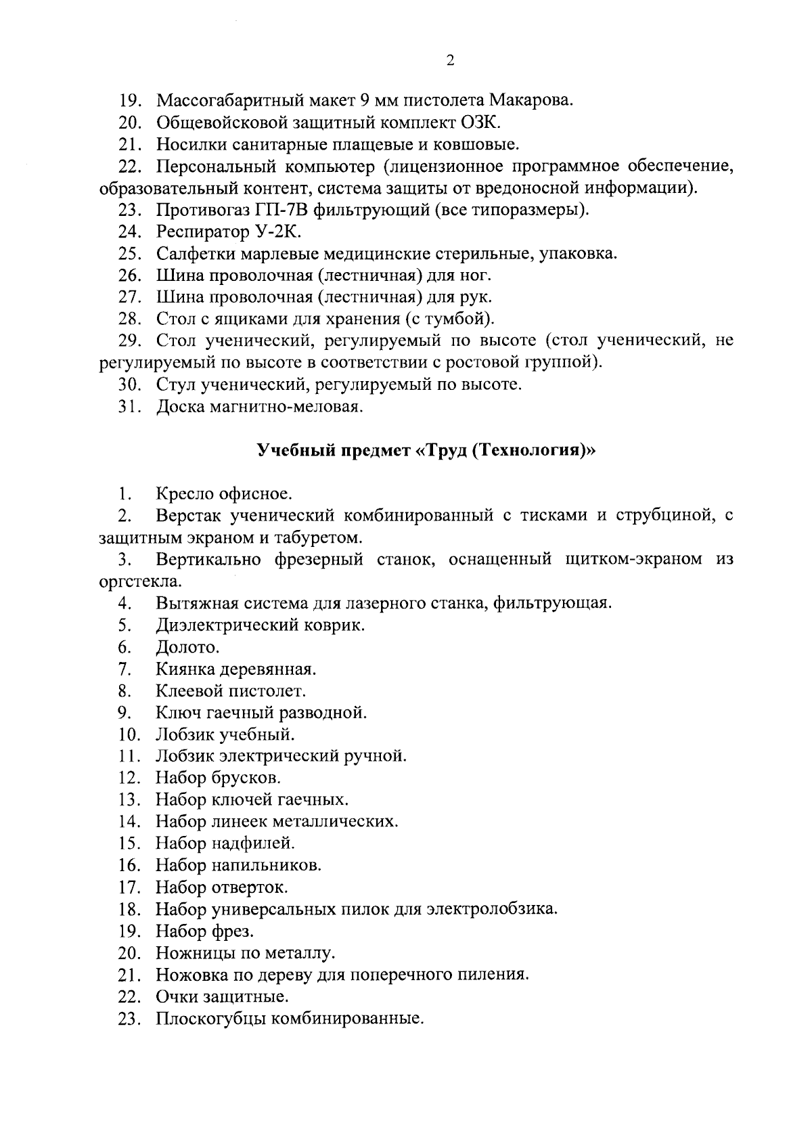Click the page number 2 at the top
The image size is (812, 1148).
point(450,60)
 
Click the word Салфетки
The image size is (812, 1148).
point(189,254)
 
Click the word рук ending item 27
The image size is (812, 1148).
point(477,297)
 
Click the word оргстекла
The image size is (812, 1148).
point(139,581)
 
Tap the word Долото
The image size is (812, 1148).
point(187,647)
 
